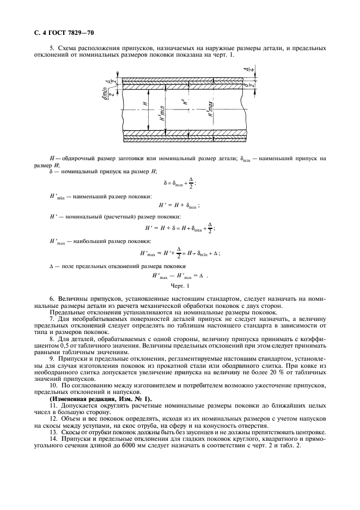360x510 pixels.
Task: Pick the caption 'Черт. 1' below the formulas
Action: pyautogui.click(x=180, y=286)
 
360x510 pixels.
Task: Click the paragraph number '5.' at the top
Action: pyautogui.click(x=52, y=48)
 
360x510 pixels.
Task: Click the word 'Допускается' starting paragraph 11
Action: pyautogui.click(x=80, y=406)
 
